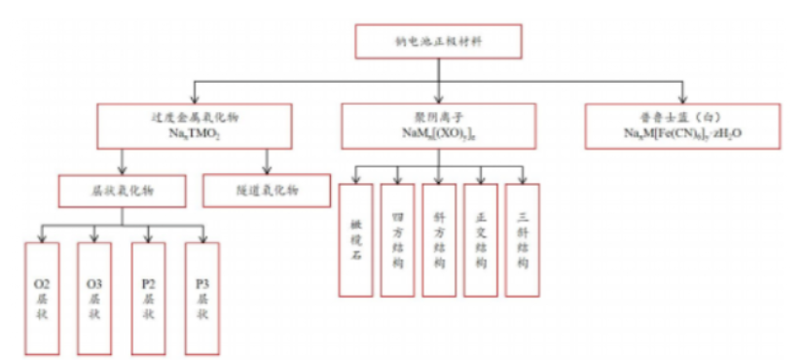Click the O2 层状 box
coord(42,296)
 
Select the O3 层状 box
coord(94,296)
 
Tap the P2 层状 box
coord(148,296)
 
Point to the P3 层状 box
coord(201,296)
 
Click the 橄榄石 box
coord(355,239)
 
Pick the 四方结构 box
coord(398,239)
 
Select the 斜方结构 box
coord(440,239)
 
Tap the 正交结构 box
coord(482,239)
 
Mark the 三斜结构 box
coord(524,239)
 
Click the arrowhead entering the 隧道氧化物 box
coord(268,169)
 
